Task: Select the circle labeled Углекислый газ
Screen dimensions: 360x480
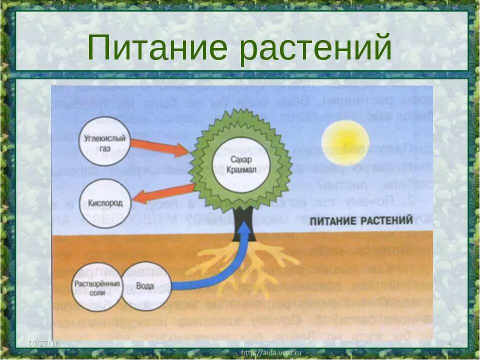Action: [105, 141]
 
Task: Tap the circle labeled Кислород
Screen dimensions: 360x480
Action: [105, 203]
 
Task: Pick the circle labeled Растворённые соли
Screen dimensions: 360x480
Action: [97, 286]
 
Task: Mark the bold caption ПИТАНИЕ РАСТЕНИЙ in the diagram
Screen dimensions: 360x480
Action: [361, 220]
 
